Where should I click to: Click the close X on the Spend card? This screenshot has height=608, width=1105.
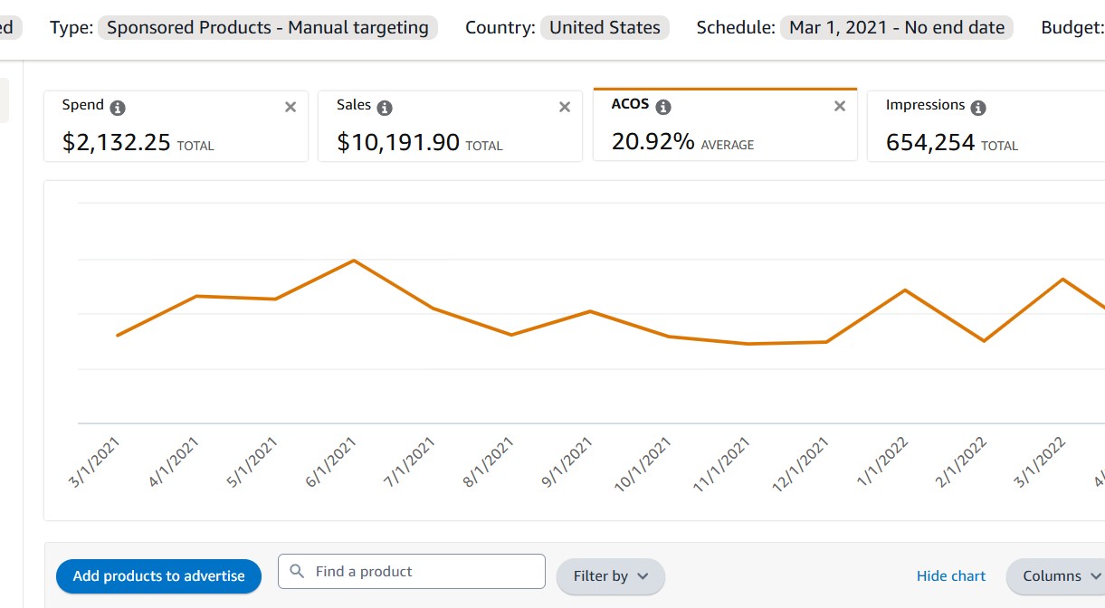[291, 107]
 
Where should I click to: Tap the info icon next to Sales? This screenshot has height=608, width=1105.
[385, 108]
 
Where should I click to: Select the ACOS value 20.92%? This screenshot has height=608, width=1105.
[653, 141]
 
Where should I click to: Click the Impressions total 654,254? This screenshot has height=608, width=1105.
[930, 142]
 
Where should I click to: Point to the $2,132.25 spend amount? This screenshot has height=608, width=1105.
[117, 142]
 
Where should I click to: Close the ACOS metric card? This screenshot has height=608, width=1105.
[840, 106]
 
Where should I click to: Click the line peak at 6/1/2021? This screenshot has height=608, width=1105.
[354, 261]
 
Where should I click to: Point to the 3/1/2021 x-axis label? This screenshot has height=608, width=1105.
[95, 462]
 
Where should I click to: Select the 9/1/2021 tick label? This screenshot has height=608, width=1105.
[567, 462]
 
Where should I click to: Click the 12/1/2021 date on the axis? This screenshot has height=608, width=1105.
[802, 464]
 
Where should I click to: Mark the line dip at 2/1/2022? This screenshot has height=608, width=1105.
[984, 341]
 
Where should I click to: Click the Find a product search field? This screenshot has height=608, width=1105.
[412, 572]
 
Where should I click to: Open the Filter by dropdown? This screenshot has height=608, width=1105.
[611, 576]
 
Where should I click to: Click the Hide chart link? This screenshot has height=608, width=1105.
[951, 576]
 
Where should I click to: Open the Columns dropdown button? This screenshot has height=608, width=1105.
[1060, 576]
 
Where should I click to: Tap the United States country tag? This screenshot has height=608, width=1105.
[605, 27]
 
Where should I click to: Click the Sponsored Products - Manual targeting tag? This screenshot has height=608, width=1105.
[268, 27]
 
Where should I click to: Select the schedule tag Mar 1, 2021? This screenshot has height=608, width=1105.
[897, 27]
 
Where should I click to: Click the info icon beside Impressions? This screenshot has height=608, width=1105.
[977, 108]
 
